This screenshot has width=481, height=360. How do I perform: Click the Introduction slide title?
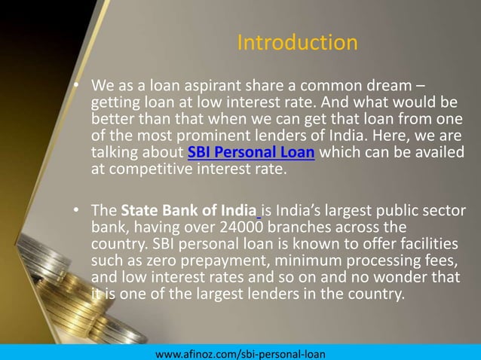click(x=297, y=42)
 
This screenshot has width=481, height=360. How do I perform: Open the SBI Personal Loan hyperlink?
click(x=251, y=154)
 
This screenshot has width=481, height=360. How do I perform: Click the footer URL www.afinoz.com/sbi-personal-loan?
click(x=239, y=352)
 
